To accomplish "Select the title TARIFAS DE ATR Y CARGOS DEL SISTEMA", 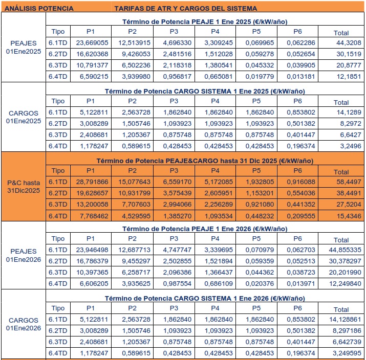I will (x=185, y=8).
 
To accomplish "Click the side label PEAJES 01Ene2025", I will (x=24, y=48).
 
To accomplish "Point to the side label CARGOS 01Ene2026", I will (x=24, y=324).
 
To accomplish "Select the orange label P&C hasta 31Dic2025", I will (x=24, y=186).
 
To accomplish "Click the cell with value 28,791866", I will (x=91, y=181).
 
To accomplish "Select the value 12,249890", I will (x=341, y=284).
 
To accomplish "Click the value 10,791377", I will (x=91, y=65).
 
